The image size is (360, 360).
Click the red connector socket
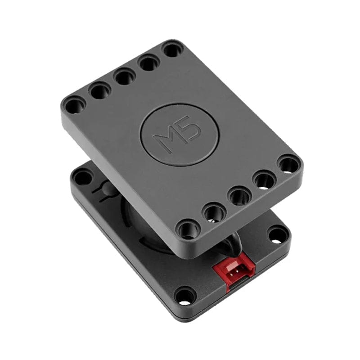[234, 270]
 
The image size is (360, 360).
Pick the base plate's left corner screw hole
[82, 177]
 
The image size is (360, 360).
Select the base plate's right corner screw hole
[277, 234]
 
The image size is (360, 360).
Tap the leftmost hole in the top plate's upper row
[74, 106]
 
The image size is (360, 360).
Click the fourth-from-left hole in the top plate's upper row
[149, 62]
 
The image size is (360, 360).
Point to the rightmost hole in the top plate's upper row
[172, 49]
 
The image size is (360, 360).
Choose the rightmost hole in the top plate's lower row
[288, 164]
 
